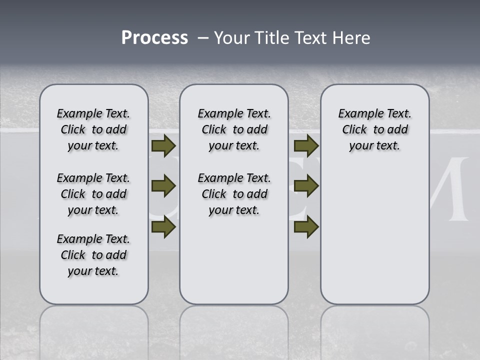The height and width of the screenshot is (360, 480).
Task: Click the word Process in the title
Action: (x=154, y=38)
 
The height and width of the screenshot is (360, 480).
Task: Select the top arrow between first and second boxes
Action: (x=163, y=146)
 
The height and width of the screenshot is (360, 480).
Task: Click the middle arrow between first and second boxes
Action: (x=163, y=186)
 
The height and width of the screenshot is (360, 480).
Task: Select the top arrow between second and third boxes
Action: (x=306, y=146)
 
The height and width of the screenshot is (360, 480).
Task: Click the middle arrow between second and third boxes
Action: (x=306, y=186)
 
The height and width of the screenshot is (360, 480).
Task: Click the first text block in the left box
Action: (x=93, y=129)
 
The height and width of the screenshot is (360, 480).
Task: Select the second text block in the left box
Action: (x=93, y=194)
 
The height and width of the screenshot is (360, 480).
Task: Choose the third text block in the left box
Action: (x=93, y=255)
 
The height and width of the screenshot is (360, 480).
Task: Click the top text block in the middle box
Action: (x=234, y=129)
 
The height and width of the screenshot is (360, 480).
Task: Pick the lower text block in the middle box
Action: (x=234, y=194)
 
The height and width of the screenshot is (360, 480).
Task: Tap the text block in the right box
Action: (x=374, y=129)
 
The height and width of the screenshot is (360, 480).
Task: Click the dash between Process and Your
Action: (x=203, y=38)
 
